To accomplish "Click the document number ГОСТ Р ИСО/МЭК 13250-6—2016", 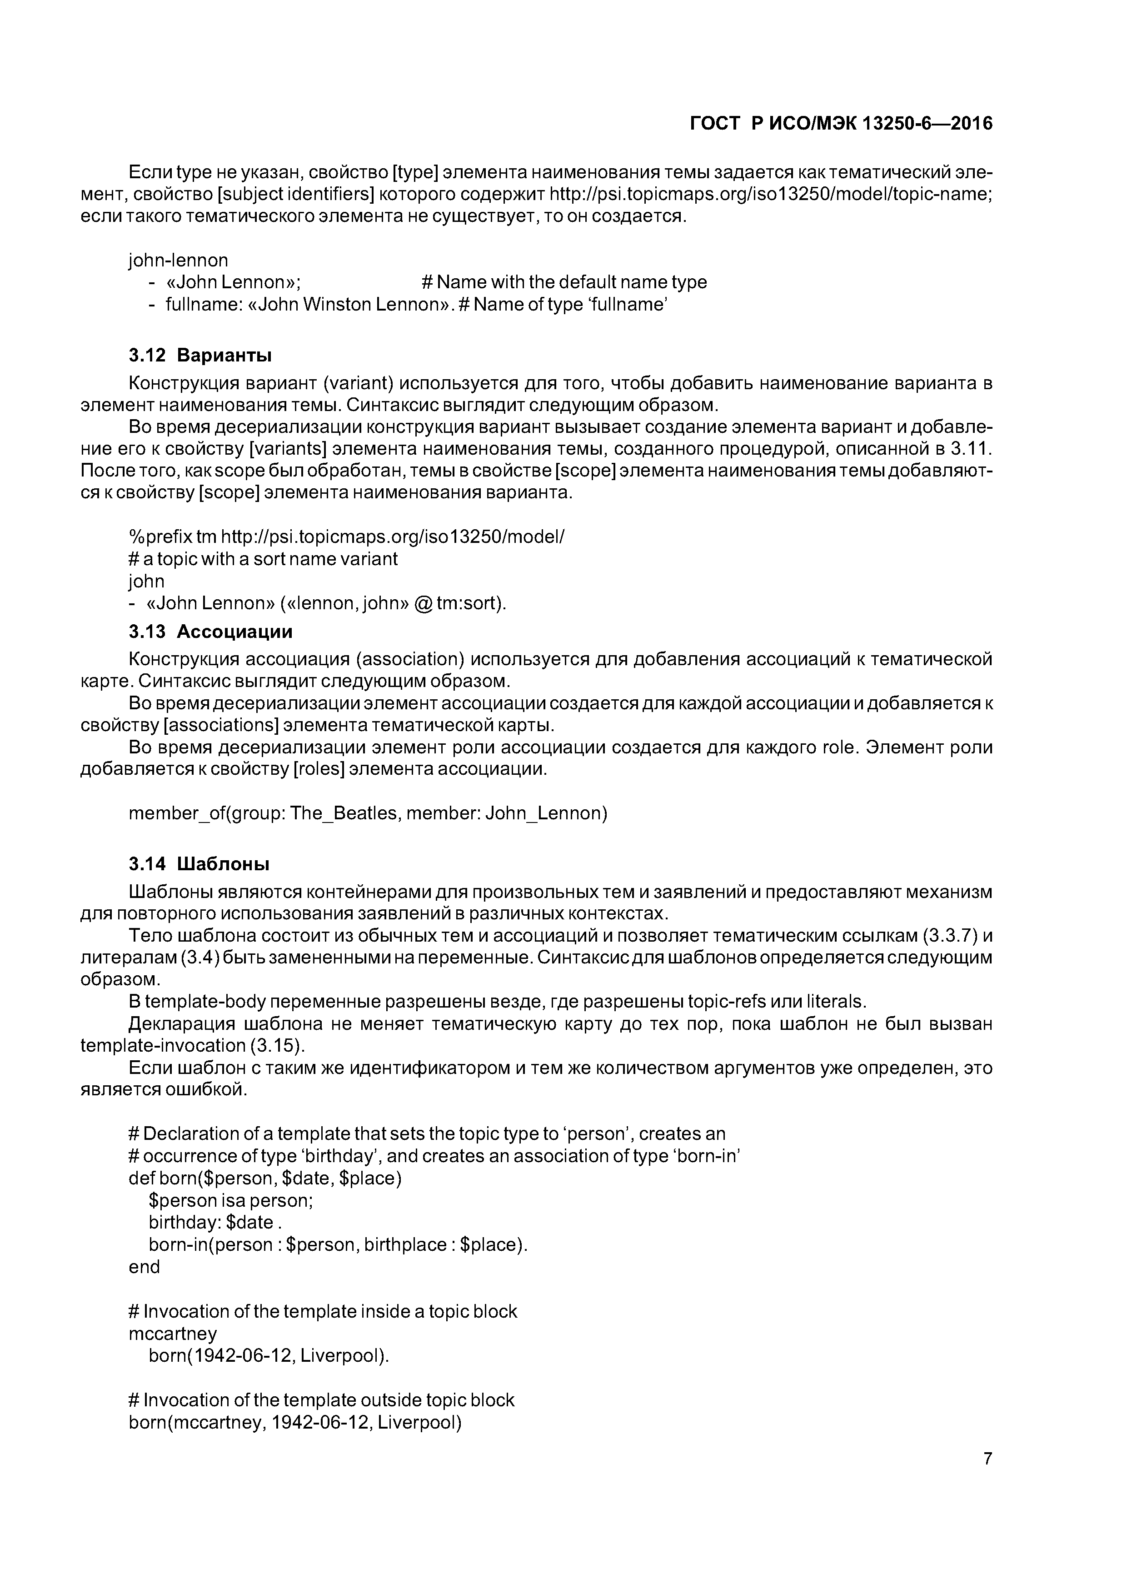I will [x=841, y=124].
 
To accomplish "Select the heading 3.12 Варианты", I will [x=200, y=355].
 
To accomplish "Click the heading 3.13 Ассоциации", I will [x=210, y=632].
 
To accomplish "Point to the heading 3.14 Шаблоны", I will [x=199, y=864].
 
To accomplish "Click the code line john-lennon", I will [x=179, y=261].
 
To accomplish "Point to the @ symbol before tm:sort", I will [x=422, y=604].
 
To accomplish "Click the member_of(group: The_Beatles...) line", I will [x=368, y=813].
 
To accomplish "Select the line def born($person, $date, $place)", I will [x=265, y=1178].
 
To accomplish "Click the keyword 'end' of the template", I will [x=145, y=1267].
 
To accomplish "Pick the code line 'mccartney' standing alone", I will [x=173, y=1334].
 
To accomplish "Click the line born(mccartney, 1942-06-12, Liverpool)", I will [x=295, y=1423].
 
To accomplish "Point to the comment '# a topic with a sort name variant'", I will [x=263, y=559].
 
